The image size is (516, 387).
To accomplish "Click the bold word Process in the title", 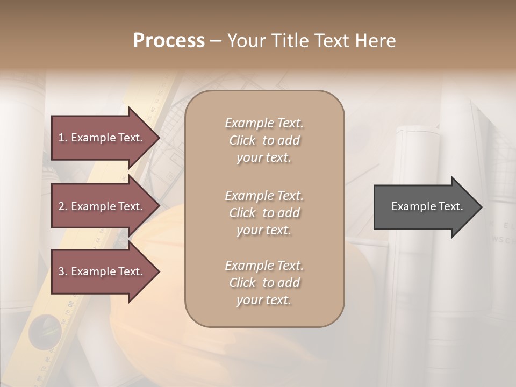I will click(169, 41).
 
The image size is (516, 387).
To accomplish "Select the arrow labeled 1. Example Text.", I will click(102, 138).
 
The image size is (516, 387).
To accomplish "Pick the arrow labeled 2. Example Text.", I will click(102, 206).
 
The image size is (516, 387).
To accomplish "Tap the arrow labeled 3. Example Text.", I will click(102, 271).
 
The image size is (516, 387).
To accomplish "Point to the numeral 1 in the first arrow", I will click(61, 138).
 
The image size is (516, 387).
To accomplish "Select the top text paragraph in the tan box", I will click(264, 140).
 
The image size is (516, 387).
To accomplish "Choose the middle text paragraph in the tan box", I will click(264, 213).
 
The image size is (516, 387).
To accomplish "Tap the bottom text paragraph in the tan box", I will click(264, 283).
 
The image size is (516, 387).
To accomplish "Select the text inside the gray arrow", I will click(427, 206).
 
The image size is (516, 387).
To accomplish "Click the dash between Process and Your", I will click(216, 41).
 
